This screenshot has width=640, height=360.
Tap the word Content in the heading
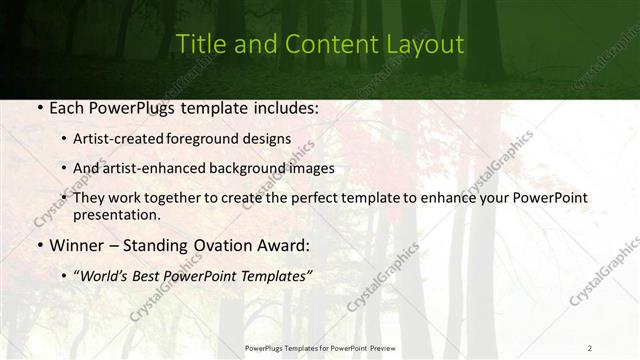(324, 45)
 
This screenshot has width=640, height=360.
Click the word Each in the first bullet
(67, 107)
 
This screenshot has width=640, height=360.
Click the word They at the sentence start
(89, 199)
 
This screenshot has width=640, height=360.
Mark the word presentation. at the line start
(117, 215)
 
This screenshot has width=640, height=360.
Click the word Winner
(76, 245)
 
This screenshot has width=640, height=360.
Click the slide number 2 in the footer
(589, 348)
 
